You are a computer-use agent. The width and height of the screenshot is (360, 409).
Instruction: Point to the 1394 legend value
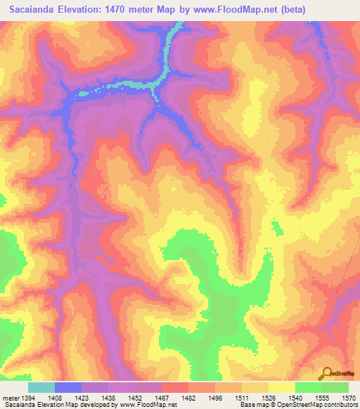click(27, 398)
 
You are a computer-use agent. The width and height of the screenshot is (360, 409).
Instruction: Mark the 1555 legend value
click(323, 398)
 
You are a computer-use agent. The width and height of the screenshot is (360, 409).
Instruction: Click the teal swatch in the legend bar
click(41, 387)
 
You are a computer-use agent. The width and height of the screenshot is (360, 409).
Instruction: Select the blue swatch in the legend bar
click(68, 387)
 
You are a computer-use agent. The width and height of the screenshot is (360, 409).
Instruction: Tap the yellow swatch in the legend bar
click(282, 387)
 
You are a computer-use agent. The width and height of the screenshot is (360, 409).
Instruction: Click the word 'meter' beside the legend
click(10, 398)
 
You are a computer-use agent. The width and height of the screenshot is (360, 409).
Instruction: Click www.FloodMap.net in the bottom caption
click(148, 405)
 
